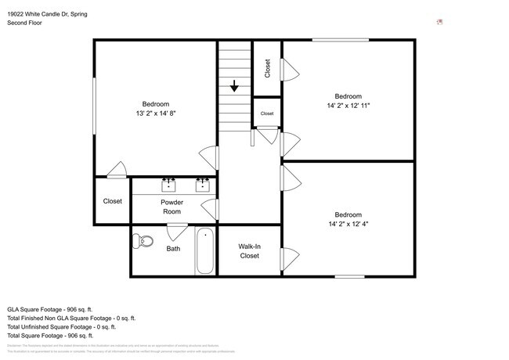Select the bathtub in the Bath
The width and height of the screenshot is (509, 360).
205,250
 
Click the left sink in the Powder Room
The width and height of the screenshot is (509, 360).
168,185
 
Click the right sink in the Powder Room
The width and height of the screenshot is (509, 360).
203,185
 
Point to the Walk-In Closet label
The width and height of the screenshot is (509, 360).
249,251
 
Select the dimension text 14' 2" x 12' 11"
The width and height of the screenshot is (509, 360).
348,106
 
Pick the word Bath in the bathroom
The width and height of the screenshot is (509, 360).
173,250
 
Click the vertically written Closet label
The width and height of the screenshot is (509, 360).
267,69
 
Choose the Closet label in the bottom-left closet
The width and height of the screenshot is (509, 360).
112,201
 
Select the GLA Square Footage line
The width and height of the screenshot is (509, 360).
50,308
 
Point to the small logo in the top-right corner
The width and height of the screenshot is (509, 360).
440,22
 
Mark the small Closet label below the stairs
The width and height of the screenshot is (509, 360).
267,113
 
